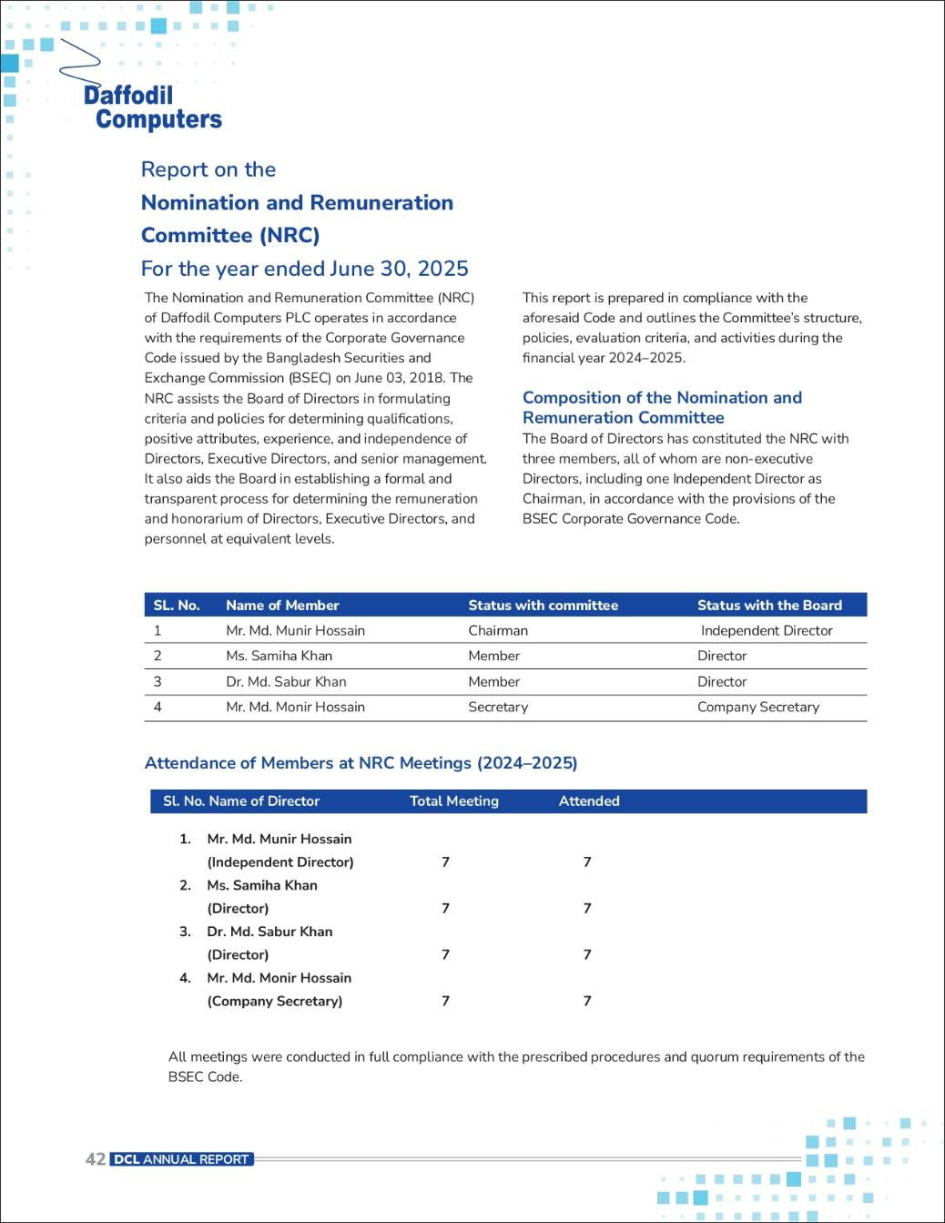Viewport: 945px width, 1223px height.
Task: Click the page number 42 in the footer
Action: (x=95, y=1159)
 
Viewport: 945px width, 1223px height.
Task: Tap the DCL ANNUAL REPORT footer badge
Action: (x=181, y=1159)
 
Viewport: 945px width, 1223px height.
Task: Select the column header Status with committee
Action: (x=543, y=605)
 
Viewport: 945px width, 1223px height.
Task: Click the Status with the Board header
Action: (x=769, y=605)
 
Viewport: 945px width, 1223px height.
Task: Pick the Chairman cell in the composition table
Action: (x=498, y=630)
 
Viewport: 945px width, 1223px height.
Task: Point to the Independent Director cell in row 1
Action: (x=767, y=630)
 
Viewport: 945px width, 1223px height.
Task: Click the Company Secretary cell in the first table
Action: (x=758, y=707)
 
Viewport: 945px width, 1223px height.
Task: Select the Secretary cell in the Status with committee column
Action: (x=498, y=707)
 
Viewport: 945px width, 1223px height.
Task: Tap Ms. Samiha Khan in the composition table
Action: (x=279, y=656)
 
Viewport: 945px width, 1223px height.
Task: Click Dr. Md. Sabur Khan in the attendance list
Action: (x=269, y=932)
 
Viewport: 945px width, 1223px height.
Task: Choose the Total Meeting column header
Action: (x=454, y=801)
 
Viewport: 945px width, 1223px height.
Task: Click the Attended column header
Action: (x=589, y=801)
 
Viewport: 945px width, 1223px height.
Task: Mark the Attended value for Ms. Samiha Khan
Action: (x=587, y=908)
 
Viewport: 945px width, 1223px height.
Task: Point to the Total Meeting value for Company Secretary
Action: (x=445, y=1001)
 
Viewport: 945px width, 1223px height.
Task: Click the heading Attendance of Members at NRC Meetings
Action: (x=361, y=763)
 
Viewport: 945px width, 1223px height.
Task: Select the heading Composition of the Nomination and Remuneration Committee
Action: (x=662, y=407)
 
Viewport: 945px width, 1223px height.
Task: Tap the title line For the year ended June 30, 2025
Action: (x=304, y=269)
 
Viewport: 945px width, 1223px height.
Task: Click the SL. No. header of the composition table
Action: (x=177, y=605)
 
